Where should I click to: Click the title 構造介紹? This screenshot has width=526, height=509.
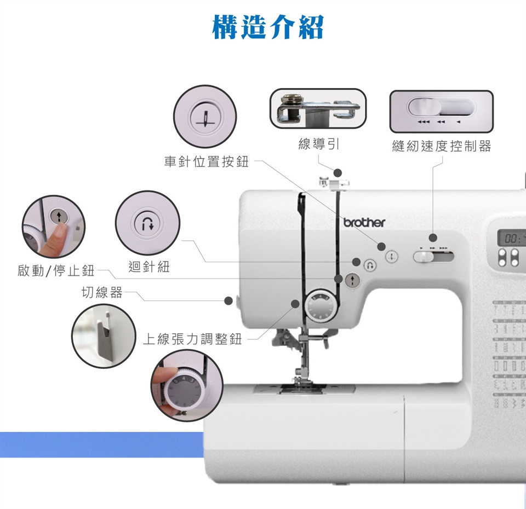[x=268, y=27]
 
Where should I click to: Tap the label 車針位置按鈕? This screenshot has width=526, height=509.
[x=207, y=161]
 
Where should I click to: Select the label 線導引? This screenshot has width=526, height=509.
[x=319, y=144]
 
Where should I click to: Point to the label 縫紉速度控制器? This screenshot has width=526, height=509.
[x=442, y=146]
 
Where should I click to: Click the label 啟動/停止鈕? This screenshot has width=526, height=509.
[x=56, y=270]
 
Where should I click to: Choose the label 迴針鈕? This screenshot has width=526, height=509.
[x=149, y=267]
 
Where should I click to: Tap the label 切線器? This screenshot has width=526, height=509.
[x=102, y=292]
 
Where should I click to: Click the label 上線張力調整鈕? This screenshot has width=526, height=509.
[x=192, y=339]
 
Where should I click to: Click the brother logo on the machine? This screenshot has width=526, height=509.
[x=364, y=223]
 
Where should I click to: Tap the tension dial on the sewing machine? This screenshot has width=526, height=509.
[x=321, y=306]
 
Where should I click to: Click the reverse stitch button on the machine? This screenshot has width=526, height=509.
[x=370, y=265]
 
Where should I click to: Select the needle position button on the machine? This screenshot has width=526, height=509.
[x=391, y=257]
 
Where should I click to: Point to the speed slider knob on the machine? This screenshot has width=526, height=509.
[x=424, y=257]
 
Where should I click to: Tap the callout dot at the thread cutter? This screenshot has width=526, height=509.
[x=228, y=300]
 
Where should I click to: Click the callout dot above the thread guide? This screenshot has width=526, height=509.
[x=338, y=172]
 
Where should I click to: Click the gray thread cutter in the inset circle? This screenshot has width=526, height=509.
[x=104, y=337]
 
